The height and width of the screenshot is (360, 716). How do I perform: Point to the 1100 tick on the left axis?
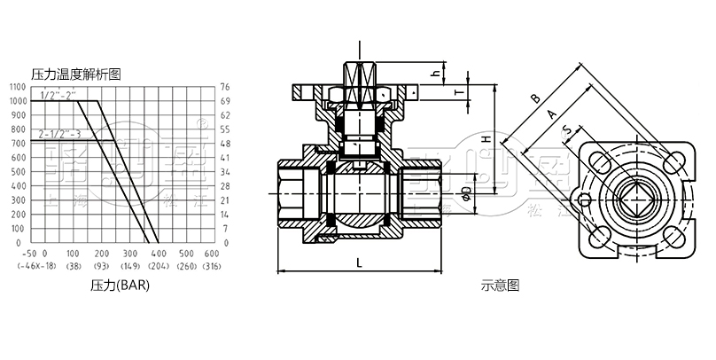click(17, 87)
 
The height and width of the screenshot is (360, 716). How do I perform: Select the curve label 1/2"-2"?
click(59, 95)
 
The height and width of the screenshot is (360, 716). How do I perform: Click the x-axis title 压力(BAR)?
click(121, 286)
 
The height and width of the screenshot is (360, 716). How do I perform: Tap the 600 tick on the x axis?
click(211, 254)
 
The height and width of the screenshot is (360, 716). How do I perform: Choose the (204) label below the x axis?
click(160, 266)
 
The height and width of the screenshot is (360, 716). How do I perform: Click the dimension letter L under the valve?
click(357, 262)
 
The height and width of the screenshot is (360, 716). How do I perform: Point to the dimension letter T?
click(459, 92)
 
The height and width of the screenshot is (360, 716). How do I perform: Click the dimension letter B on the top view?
click(534, 99)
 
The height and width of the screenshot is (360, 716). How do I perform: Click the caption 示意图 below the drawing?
click(499, 286)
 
